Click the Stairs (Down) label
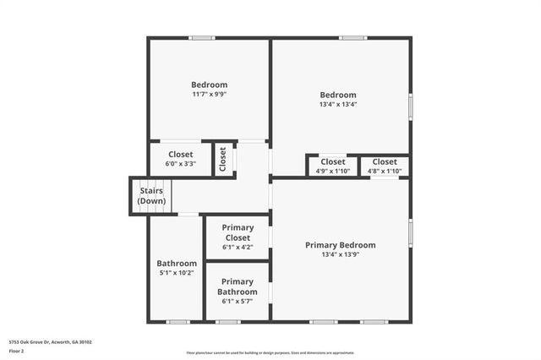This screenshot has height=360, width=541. click(152, 196)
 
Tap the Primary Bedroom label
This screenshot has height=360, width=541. click(340, 245)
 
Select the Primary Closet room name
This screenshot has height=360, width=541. click(238, 232)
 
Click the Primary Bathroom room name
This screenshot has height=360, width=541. click(238, 286)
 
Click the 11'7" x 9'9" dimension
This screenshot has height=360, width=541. click(209, 95)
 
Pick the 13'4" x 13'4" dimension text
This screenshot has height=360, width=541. click(338, 105)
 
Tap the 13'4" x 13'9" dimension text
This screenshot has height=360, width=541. click(340, 255)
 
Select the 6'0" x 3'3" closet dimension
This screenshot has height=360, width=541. click(181, 164)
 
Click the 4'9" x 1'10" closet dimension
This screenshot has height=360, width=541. click(333, 171)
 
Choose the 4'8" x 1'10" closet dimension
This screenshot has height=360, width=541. click(385, 171)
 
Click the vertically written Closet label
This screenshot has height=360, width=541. click(223, 158)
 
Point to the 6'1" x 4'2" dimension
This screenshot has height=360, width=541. click(238, 248)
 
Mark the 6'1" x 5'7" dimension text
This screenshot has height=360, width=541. click(238, 302)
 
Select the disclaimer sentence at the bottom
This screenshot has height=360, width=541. click(270, 352)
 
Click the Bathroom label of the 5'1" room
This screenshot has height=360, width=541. click(177, 264)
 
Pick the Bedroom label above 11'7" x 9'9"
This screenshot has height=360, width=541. click(209, 85)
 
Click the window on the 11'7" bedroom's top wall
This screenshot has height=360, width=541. click(202, 37)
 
